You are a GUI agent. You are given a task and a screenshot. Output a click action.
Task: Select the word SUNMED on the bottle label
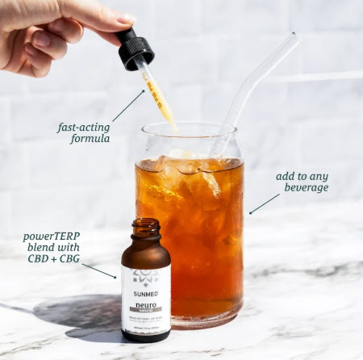(146, 295)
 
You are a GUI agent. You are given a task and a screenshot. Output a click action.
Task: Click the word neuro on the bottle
(146, 307)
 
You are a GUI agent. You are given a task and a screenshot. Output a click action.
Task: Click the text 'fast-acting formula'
(83, 132)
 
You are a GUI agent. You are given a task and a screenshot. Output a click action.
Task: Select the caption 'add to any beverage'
(301, 180)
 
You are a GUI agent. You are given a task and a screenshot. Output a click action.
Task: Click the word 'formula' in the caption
(83, 139)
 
